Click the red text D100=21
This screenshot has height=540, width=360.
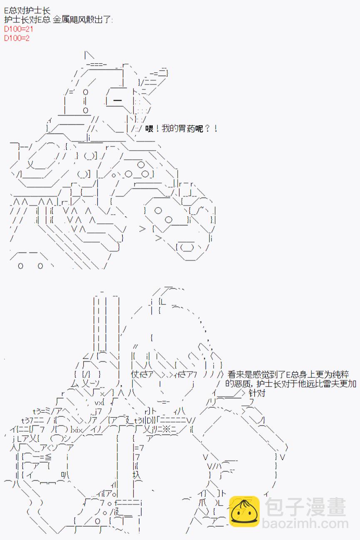pyautogui.click(x=19, y=29)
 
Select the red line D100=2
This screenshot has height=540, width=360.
pyautogui.click(x=17, y=38)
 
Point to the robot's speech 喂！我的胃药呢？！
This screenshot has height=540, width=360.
pyautogui.click(x=181, y=129)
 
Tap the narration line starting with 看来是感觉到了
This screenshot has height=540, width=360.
pyautogui.click(x=288, y=374)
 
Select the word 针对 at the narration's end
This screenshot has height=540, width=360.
pyautogui.click(x=257, y=393)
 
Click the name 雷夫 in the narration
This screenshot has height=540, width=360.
pyautogui.click(x=331, y=384)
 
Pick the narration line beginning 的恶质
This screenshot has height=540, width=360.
pyautogui.click(x=290, y=384)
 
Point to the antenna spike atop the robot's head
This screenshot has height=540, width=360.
pyautogui.click(x=89, y=55)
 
